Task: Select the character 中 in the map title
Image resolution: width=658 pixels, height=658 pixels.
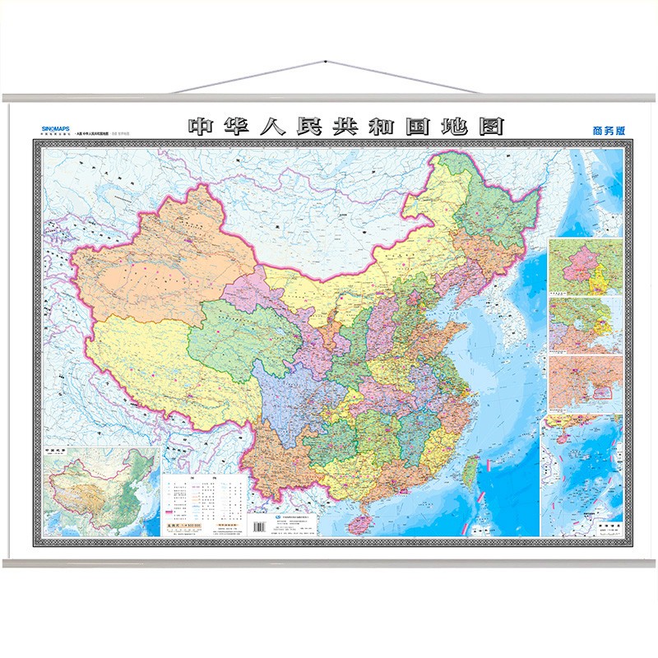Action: point(201,127)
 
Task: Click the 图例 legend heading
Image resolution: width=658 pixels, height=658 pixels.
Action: point(206,478)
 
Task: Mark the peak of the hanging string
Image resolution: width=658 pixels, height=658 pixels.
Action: point(325,62)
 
